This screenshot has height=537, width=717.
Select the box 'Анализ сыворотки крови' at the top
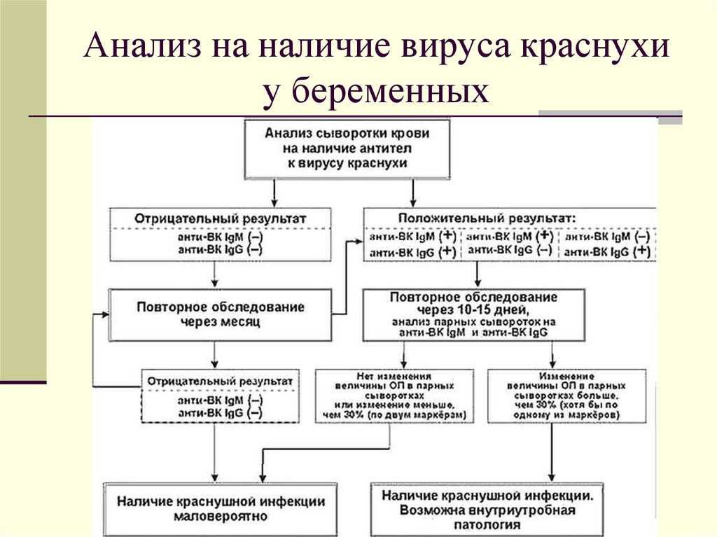(x=347, y=149)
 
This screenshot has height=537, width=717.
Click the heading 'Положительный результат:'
(x=487, y=218)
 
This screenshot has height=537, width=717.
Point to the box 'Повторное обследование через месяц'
(x=220, y=314)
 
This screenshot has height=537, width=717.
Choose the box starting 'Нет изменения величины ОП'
(x=395, y=396)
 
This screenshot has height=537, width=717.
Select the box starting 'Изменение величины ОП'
(x=567, y=396)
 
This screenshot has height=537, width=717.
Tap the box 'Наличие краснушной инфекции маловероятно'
(x=221, y=509)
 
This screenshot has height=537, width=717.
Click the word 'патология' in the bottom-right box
(x=487, y=524)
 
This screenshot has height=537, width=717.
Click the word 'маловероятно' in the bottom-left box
(x=221, y=517)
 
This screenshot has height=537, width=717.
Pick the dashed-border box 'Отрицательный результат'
(x=221, y=396)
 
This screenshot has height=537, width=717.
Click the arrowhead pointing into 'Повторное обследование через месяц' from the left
(x=106, y=314)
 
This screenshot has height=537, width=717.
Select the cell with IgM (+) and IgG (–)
(x=510, y=244)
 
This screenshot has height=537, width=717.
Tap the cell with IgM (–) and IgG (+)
(x=607, y=244)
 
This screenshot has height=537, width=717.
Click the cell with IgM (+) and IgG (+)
(x=412, y=244)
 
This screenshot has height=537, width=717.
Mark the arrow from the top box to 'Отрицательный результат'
(x=274, y=193)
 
